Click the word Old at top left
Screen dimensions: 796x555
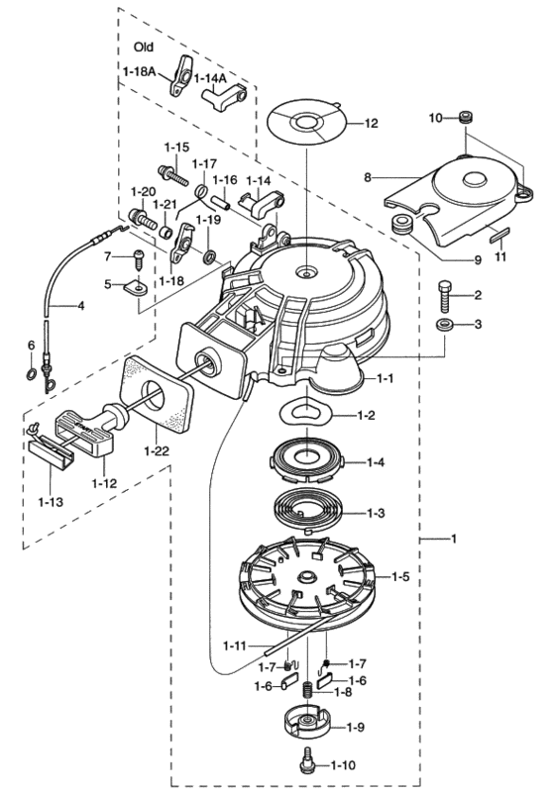pos(145,47)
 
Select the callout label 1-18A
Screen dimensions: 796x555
pos(140,71)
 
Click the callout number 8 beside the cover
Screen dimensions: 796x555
pos(368,178)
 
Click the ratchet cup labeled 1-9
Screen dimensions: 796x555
pos(309,724)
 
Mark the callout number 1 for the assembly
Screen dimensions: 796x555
pos(454,540)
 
